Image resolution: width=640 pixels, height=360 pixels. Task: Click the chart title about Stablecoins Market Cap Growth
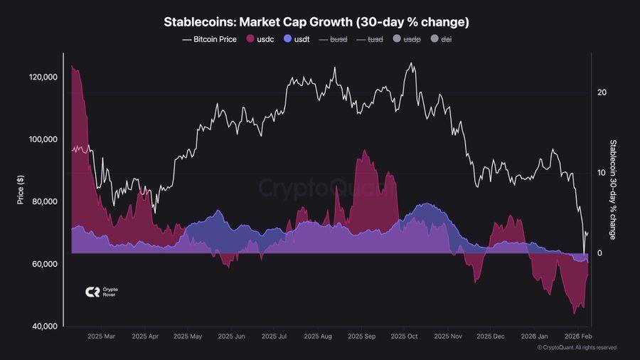point(316,22)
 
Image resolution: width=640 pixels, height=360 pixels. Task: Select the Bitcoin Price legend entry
point(210,40)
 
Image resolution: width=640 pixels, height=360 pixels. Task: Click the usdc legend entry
point(261,40)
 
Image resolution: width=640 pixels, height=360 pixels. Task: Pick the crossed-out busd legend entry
point(334,40)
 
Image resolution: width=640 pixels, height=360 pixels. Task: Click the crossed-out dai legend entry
point(442,40)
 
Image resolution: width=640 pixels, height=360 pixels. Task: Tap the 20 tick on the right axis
point(602,92)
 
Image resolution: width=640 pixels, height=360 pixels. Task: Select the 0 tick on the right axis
point(599,253)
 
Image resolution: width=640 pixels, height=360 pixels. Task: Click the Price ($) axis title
point(21,190)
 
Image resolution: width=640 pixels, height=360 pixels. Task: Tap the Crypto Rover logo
point(102,292)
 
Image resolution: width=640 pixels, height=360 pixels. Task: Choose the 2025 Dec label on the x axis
point(491,336)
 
